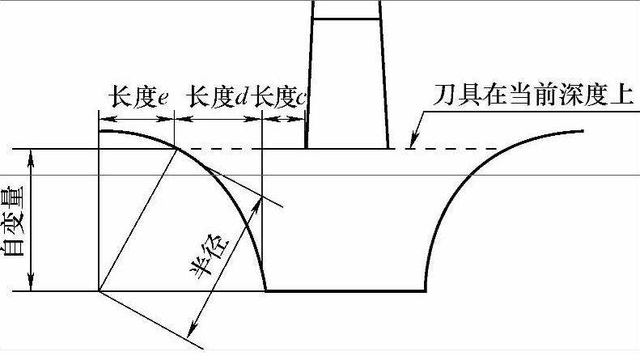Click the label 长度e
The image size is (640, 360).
(138, 99)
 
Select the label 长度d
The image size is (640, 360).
(217, 99)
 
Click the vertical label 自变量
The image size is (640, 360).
(14, 220)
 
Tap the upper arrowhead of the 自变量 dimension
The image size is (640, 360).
(32, 155)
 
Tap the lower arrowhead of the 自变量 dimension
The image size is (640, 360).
(32, 285)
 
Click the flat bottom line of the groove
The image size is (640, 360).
(346, 290)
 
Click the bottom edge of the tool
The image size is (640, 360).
(348, 148)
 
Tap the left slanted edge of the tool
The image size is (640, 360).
(310, 81)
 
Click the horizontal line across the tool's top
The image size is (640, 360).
(346, 19)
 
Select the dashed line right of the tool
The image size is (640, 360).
(453, 149)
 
